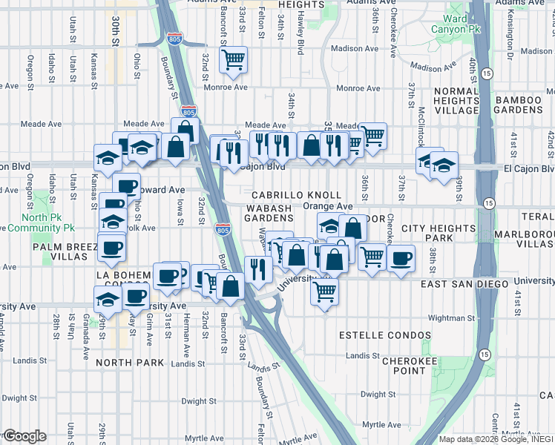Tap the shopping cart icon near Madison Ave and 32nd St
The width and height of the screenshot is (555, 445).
coord(234,59)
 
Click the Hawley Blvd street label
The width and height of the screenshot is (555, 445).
coord(301,37)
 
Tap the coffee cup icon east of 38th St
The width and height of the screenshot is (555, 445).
coord(401,258)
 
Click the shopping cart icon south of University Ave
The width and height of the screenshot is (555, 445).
coord(324,291)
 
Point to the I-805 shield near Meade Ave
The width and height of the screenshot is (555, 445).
coord(189,112)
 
